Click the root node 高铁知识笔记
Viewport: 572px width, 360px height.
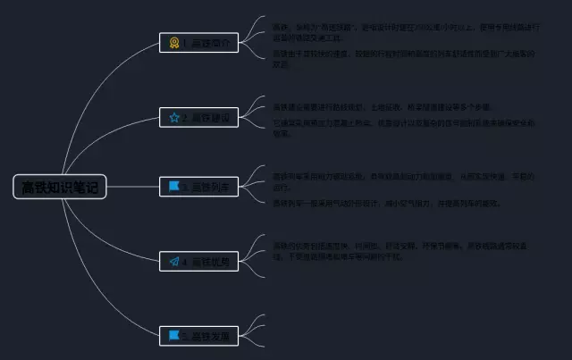click(60, 187)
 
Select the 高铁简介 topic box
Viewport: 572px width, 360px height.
click(198, 42)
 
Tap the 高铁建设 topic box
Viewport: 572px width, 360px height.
click(198, 117)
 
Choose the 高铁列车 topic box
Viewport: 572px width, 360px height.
click(198, 187)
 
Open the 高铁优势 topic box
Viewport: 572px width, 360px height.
click(198, 262)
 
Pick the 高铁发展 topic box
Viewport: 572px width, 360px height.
click(198, 336)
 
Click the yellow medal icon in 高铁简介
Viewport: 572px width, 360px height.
click(174, 42)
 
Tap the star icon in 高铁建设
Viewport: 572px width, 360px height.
click(174, 117)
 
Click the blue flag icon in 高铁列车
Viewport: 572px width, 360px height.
click(174, 187)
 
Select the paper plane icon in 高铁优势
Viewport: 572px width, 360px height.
click(174, 262)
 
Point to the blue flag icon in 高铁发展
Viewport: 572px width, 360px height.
click(174, 336)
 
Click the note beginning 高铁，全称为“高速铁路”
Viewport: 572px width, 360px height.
click(402, 32)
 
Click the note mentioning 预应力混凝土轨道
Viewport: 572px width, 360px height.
click(402, 129)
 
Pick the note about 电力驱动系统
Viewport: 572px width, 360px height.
click(402, 182)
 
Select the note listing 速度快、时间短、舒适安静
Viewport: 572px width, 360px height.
click(402, 250)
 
